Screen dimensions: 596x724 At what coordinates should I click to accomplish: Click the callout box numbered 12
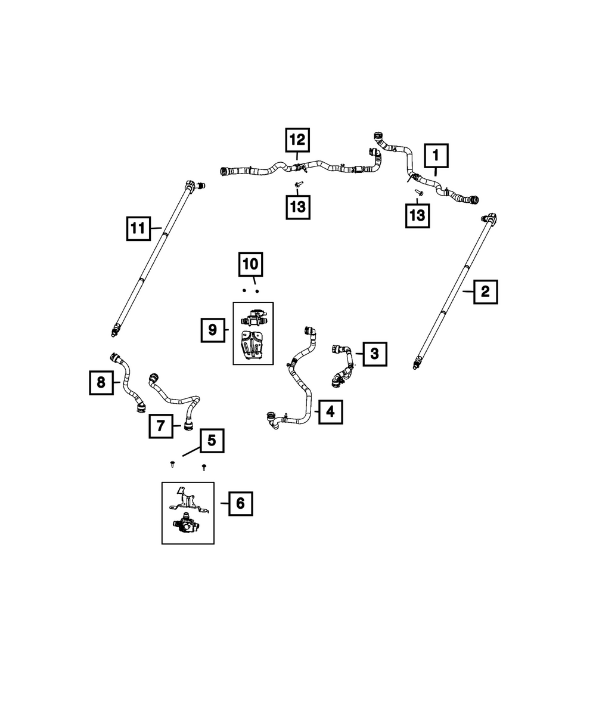coord(297,140)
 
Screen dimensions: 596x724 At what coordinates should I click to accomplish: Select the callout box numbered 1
coord(436,156)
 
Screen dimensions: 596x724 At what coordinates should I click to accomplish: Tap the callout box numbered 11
coord(138,228)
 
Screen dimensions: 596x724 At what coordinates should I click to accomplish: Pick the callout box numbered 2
coord(486,292)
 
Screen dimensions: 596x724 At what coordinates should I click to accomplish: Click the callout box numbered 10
coord(250,264)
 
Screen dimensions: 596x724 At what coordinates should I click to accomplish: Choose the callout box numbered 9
coord(213,330)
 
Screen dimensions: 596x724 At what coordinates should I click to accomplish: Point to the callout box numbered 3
coord(374,354)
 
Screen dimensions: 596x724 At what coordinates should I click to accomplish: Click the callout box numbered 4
coord(331,412)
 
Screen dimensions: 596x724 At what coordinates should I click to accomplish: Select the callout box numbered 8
coord(101,383)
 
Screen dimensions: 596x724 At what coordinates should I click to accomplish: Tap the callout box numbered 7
coord(161,426)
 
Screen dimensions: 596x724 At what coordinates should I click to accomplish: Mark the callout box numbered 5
coord(212,441)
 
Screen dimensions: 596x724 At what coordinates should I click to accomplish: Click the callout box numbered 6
coord(240,503)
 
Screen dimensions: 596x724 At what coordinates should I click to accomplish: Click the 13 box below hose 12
coord(297,207)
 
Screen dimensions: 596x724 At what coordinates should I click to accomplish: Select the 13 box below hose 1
coord(418,216)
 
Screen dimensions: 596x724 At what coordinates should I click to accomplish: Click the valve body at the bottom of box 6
coord(186,527)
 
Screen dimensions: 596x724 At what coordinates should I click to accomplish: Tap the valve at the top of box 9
coord(254,318)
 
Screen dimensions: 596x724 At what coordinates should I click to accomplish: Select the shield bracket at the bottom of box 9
coord(252,346)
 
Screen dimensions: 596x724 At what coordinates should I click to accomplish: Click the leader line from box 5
coord(191,451)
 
